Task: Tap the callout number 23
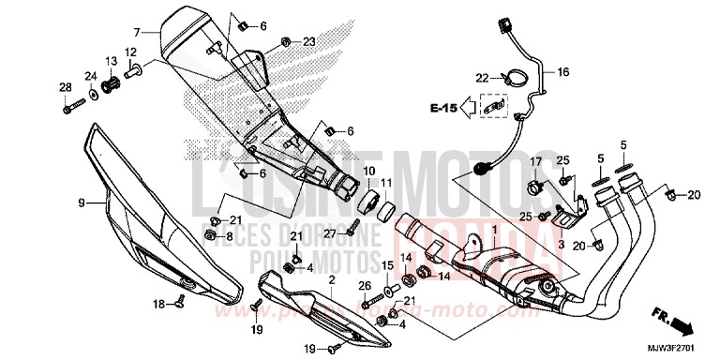(x=309, y=41)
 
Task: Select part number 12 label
(x=130, y=52)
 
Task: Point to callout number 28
(x=66, y=87)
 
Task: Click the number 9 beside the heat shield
(x=81, y=202)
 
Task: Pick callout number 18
(x=158, y=303)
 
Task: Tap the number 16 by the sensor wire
(x=563, y=71)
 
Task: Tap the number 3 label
(x=561, y=244)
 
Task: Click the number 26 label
(x=365, y=286)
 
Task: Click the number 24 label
(x=92, y=75)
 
